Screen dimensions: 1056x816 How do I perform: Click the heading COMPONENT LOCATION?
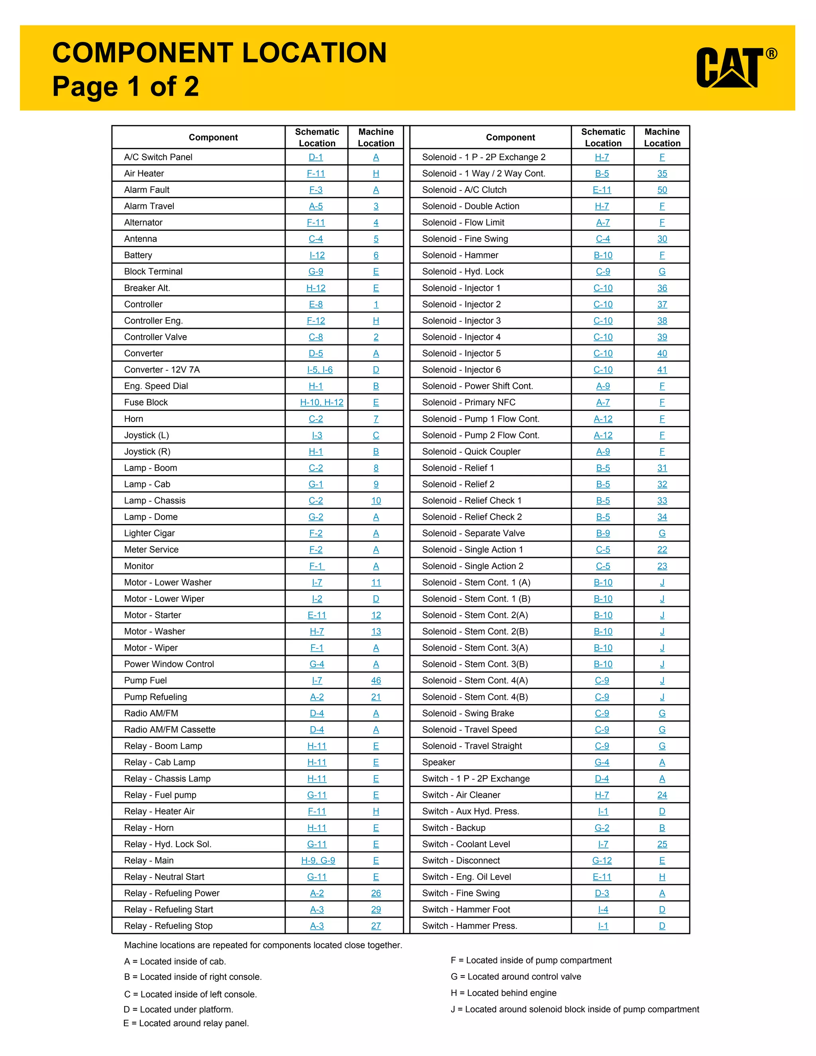(x=220, y=53)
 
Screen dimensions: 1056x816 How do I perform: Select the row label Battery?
(x=138, y=255)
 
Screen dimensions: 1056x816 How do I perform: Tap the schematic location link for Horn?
(x=316, y=419)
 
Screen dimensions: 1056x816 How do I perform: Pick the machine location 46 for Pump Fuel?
(x=376, y=680)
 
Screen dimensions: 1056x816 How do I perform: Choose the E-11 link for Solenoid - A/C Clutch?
(x=602, y=190)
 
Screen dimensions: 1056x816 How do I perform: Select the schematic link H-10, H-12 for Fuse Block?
(x=322, y=402)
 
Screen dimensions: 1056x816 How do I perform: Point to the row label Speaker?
(x=438, y=762)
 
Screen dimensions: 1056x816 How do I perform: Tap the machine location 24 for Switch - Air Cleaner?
(x=662, y=795)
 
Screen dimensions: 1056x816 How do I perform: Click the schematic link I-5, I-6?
(x=320, y=370)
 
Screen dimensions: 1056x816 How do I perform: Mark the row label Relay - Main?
(x=149, y=860)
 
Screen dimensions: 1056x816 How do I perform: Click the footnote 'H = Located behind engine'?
(x=503, y=993)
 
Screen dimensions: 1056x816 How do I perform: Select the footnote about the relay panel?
(x=186, y=1023)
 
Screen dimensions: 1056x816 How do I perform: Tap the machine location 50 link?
(x=662, y=190)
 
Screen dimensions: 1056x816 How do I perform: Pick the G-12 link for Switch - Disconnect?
(x=602, y=860)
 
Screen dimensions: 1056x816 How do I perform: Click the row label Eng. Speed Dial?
(x=156, y=386)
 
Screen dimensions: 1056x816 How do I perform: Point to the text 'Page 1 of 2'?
(x=126, y=86)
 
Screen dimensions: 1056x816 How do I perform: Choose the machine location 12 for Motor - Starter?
(x=376, y=615)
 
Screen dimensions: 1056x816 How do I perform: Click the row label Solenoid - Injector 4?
(x=461, y=337)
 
